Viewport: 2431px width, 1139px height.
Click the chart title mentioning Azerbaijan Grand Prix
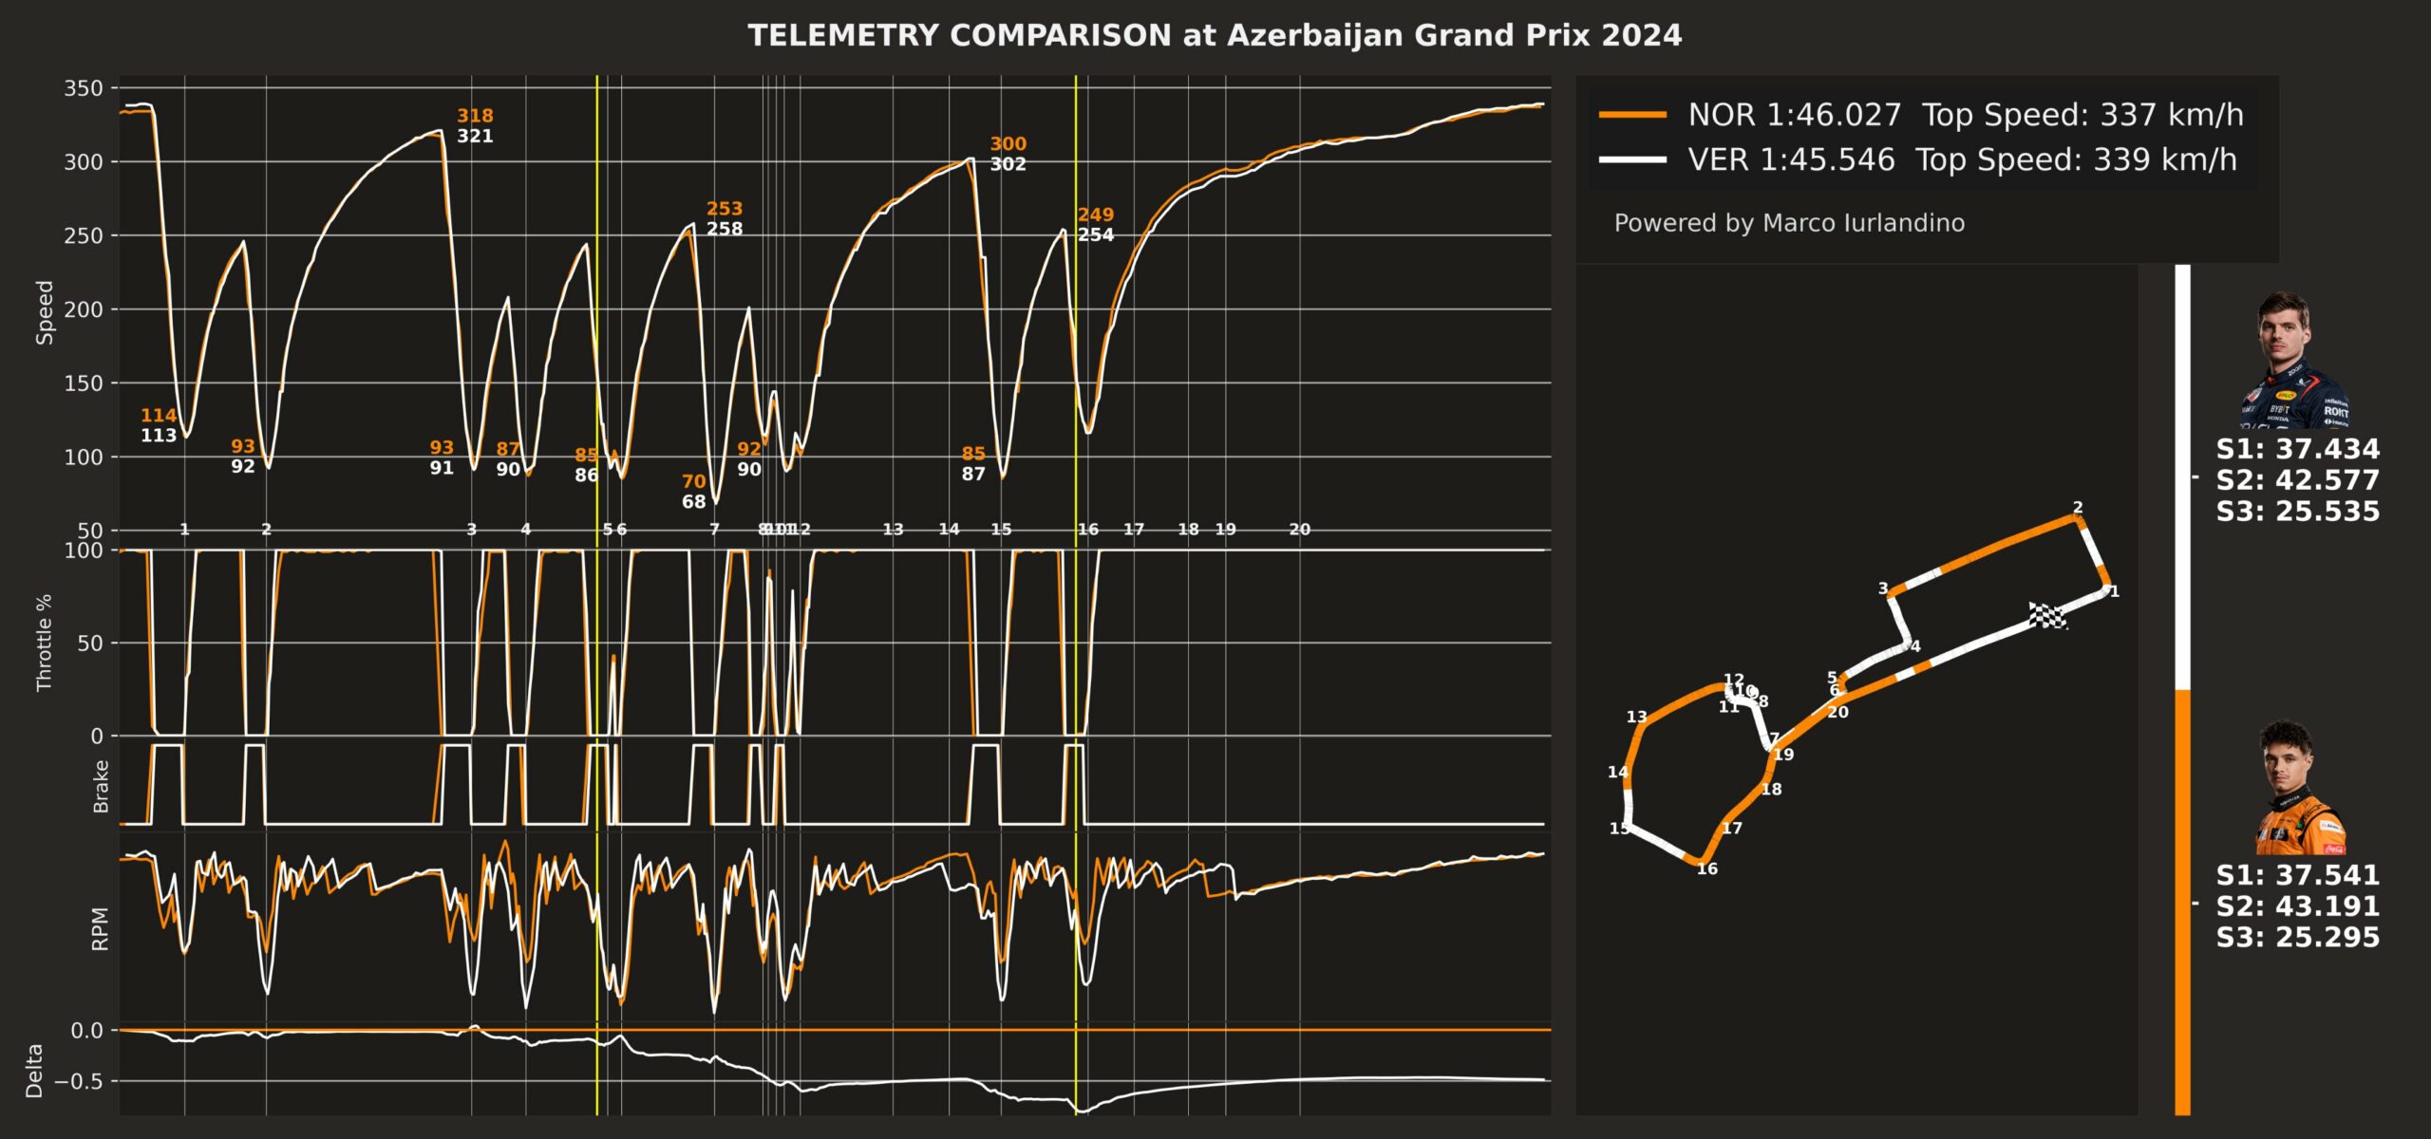(1215, 36)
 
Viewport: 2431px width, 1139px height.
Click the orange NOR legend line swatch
(1632, 115)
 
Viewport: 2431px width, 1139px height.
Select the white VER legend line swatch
(1632, 159)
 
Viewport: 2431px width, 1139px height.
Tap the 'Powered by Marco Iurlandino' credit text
(1789, 223)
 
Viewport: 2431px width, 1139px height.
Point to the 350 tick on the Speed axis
(84, 88)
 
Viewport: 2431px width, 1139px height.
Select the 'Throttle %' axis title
(45, 643)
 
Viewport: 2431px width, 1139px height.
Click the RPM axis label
(100, 928)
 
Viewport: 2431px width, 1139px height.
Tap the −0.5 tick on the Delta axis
(79, 1081)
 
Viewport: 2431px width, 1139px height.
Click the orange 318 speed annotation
(475, 116)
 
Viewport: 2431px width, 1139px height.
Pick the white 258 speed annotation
(725, 229)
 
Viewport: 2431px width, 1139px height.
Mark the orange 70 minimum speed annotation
(694, 481)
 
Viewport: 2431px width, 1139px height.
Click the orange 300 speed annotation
(1008, 144)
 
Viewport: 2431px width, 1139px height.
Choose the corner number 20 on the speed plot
(1299, 530)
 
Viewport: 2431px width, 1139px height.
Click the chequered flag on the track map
(2047, 615)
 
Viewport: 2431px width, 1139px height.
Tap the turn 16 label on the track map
(1707, 869)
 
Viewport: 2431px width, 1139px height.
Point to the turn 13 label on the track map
(1636, 718)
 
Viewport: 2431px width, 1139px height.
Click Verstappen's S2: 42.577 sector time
(2297, 480)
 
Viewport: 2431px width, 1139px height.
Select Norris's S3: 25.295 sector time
(2297, 937)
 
